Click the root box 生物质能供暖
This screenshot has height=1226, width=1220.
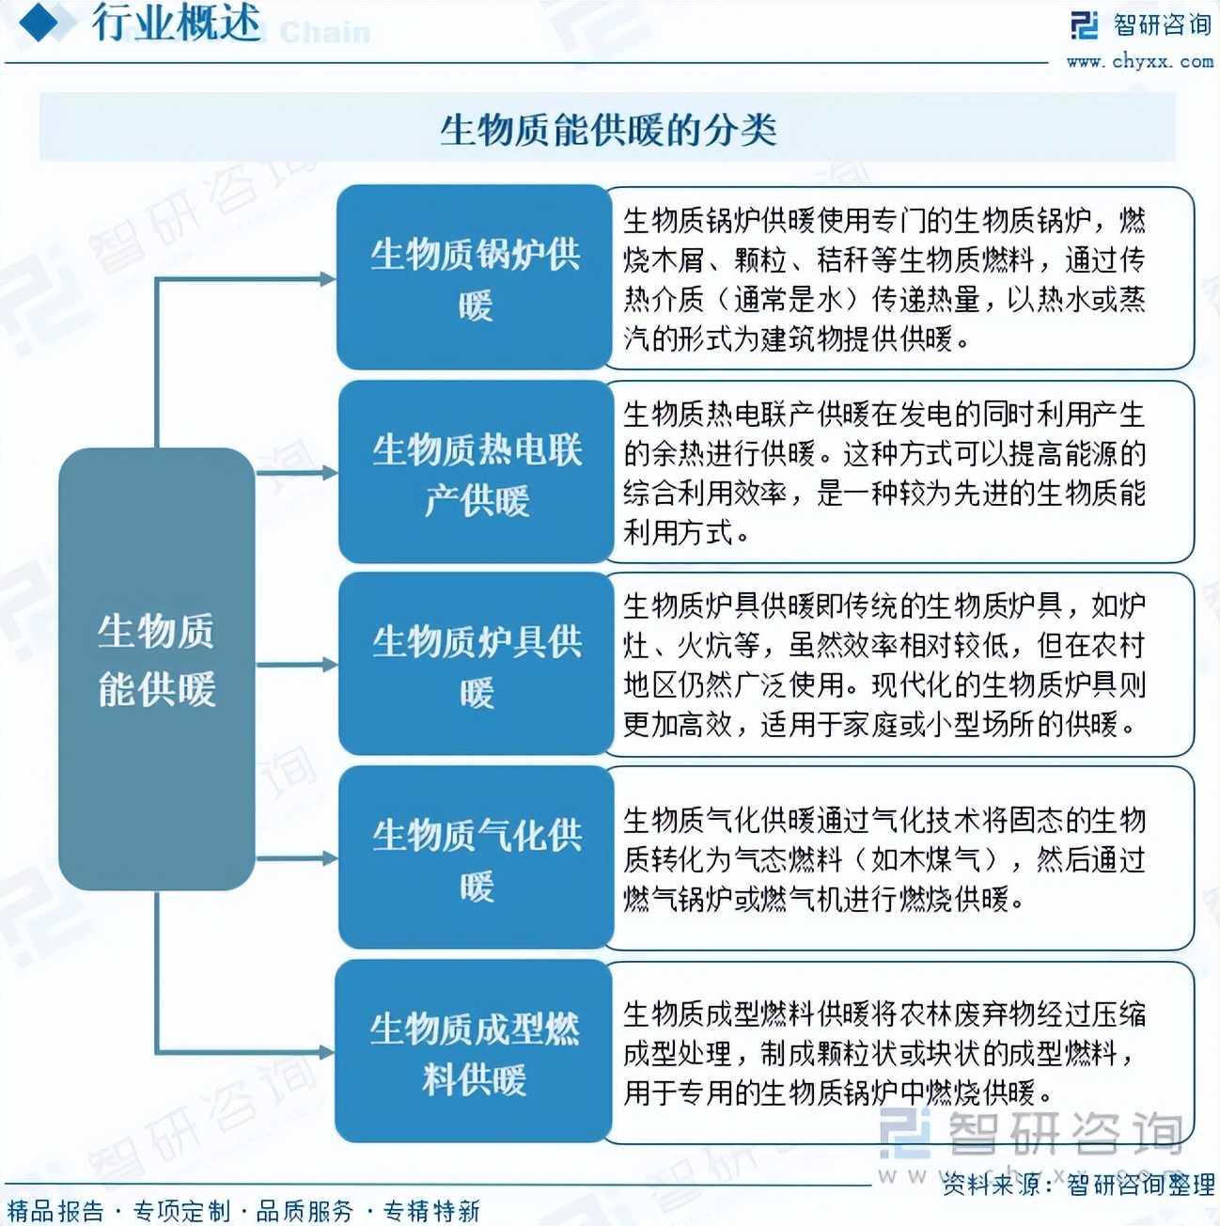pos(156,668)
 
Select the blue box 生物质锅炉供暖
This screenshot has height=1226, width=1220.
pos(475,277)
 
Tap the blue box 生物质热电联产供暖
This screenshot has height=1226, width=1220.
pos(476,472)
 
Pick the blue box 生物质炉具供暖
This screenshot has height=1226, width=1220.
pos(476,665)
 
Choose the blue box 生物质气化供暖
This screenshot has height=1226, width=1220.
pos(476,857)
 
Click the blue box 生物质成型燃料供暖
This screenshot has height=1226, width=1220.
pos(474,1051)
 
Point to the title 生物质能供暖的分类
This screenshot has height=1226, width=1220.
pos(608,129)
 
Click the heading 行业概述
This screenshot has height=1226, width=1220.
pos(177,24)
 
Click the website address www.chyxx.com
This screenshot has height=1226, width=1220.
pos(1138,62)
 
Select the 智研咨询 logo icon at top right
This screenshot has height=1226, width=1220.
pos(1084,25)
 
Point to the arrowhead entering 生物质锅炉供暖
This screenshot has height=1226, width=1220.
pos(327,278)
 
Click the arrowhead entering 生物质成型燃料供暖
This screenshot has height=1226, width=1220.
pos(327,1051)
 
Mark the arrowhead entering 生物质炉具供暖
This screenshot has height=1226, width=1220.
pos(327,665)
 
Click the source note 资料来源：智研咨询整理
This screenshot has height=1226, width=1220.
pos(1078,1185)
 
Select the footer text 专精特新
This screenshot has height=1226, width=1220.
pos(431,1210)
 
